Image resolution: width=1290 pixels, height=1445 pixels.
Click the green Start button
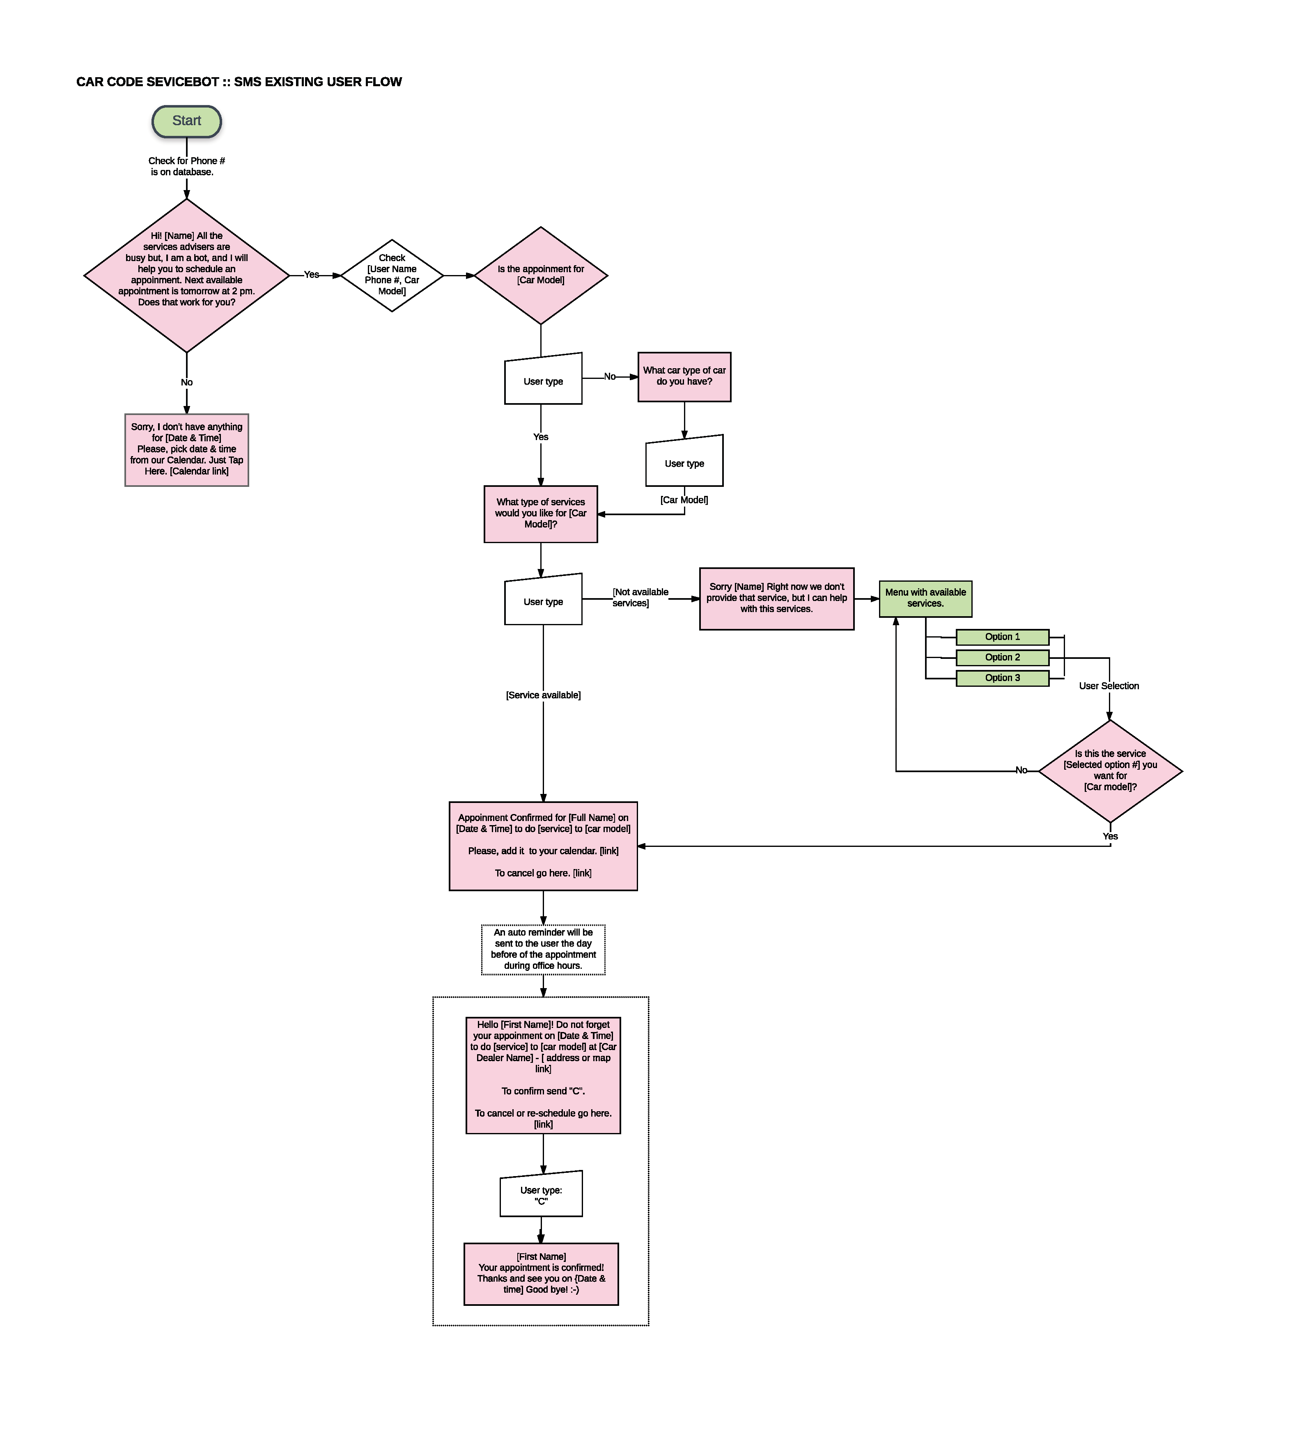tap(186, 121)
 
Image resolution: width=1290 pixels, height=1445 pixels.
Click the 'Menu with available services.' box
tap(925, 599)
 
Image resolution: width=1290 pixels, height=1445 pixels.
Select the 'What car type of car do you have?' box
tap(684, 376)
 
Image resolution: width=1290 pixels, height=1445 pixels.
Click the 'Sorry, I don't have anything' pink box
tap(186, 449)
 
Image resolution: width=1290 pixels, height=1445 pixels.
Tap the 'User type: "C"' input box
tap(541, 1195)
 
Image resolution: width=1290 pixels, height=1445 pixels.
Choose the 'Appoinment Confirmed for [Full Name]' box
tap(543, 846)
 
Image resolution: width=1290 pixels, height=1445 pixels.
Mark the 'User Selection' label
tap(1109, 686)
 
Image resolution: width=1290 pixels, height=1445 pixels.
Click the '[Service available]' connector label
tap(543, 695)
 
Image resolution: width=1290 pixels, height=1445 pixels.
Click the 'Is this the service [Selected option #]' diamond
tap(1110, 771)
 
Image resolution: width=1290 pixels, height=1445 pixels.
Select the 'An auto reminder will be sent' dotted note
tap(543, 949)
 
